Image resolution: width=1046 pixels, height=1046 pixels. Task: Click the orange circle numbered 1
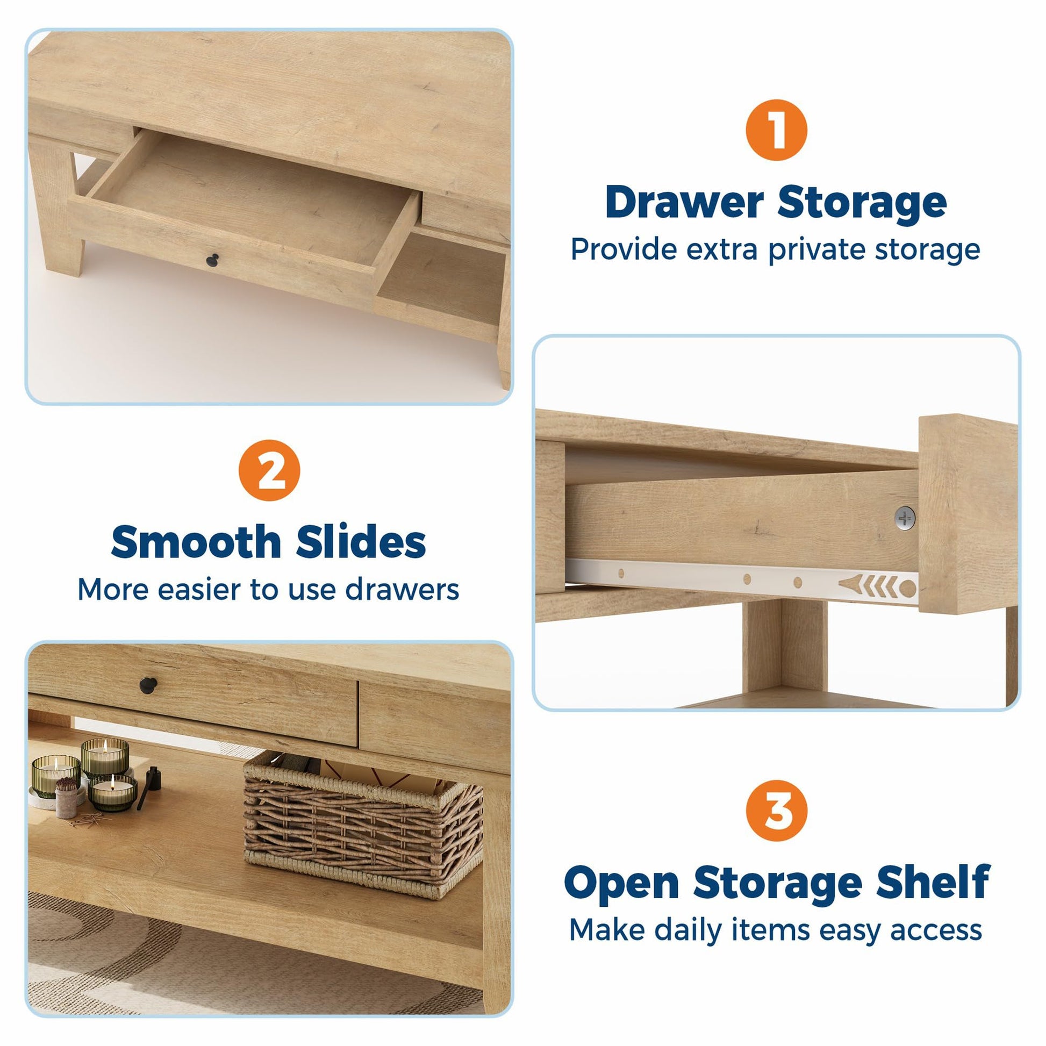click(776, 130)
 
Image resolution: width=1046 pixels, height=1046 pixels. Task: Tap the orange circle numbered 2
click(269, 470)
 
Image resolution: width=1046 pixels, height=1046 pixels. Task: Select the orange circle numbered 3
click(776, 811)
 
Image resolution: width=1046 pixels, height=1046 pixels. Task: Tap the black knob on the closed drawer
click(148, 685)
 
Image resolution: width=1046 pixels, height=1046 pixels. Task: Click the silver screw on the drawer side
click(905, 517)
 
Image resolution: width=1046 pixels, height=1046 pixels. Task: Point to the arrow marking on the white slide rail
click(868, 585)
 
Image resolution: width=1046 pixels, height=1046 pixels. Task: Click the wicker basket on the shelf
click(362, 823)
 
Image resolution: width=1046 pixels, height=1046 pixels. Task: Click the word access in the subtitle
click(936, 930)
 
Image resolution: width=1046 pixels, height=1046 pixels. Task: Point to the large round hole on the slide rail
click(908, 588)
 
